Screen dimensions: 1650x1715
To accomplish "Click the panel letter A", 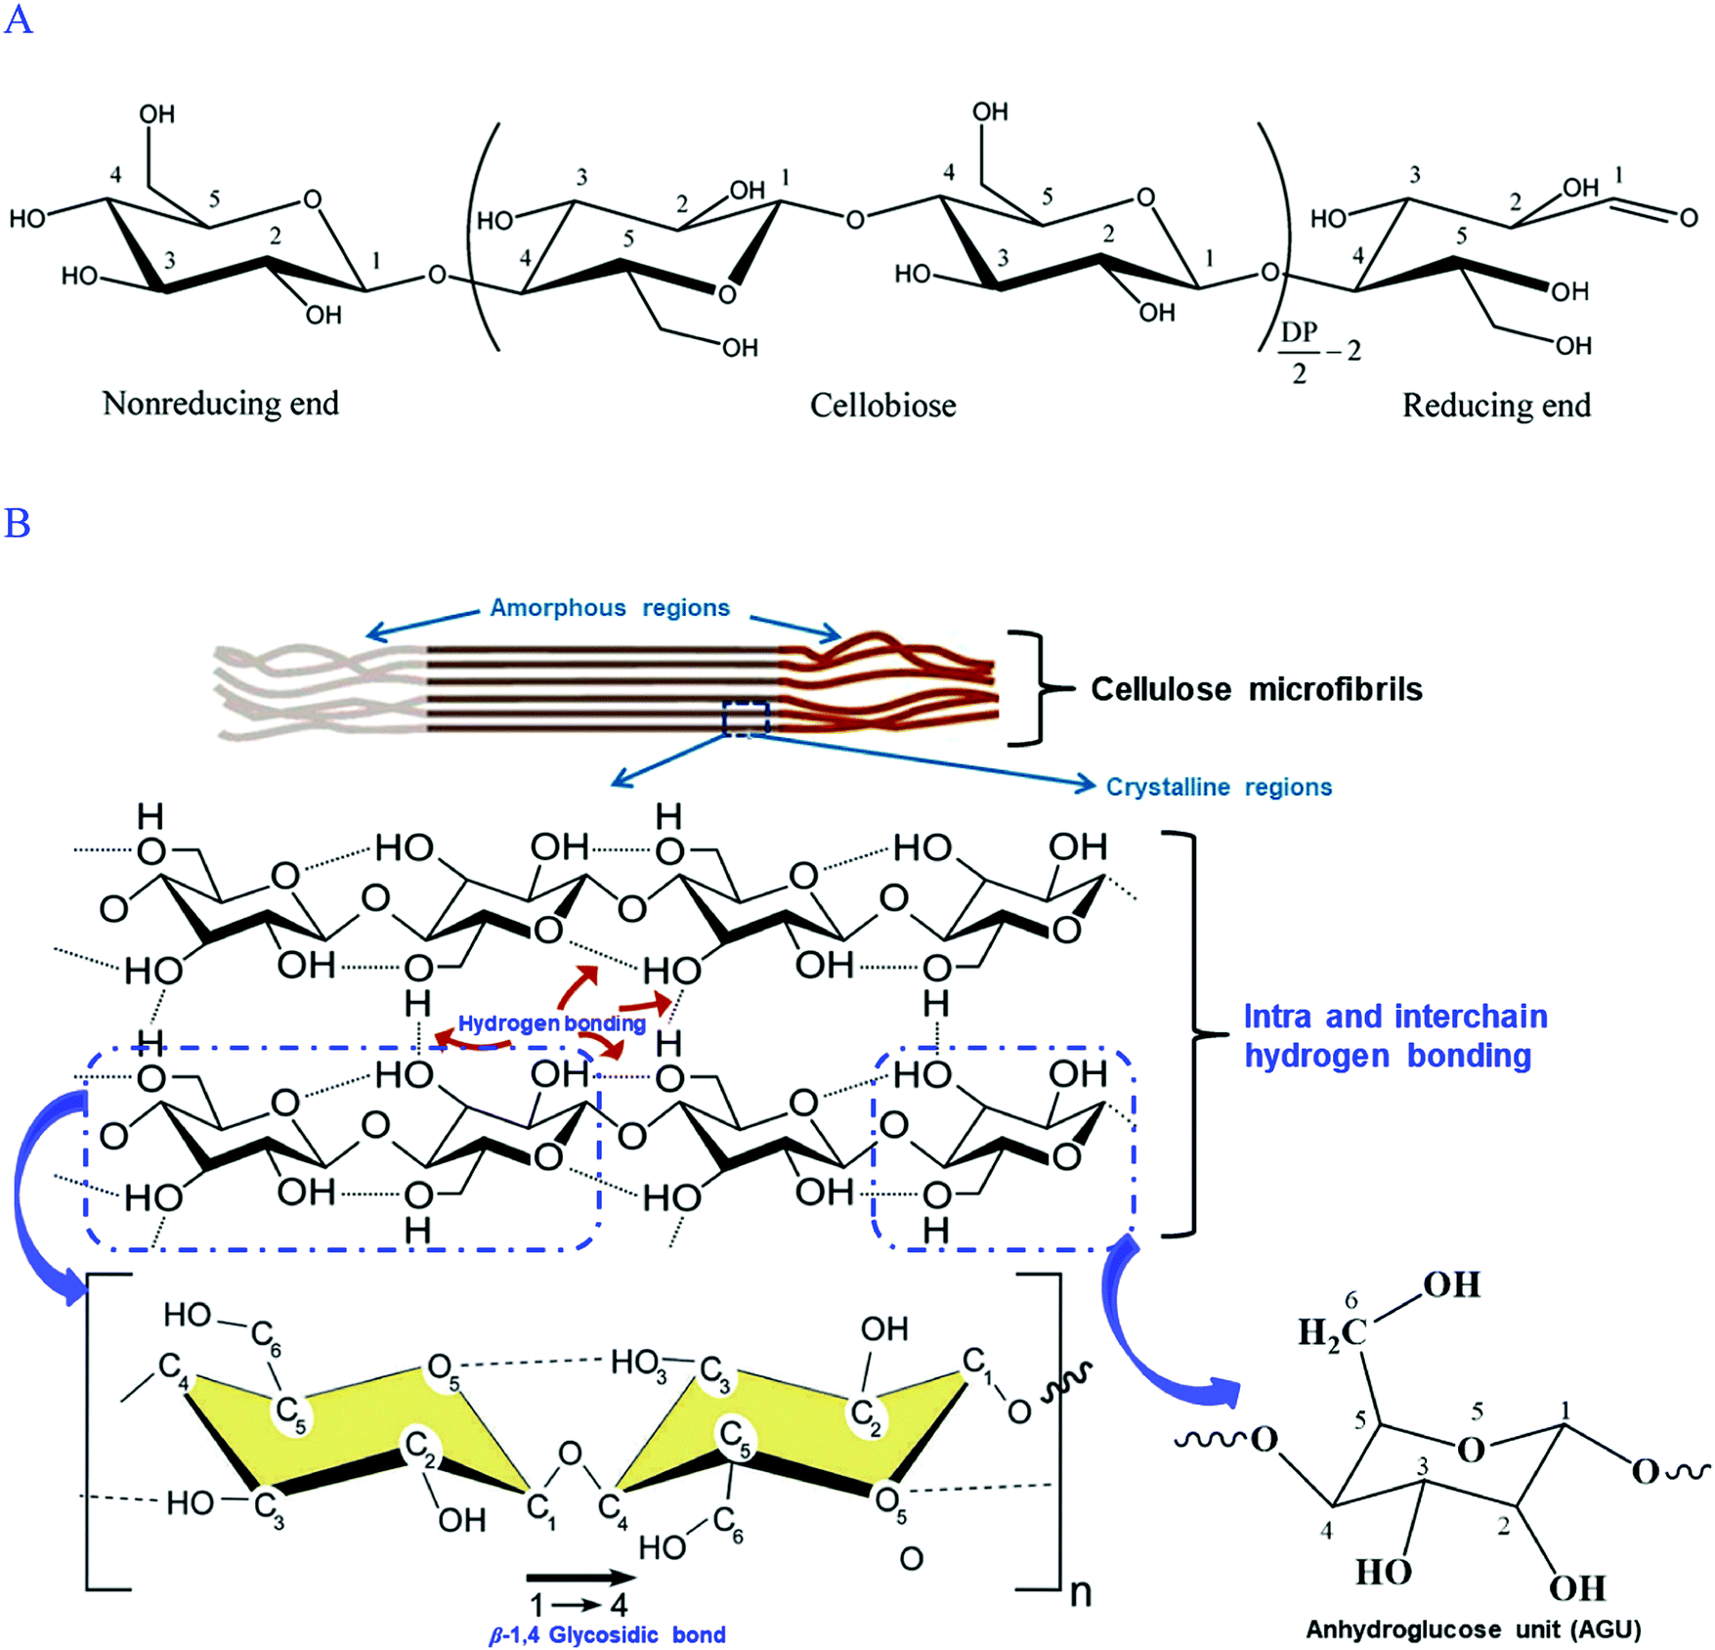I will pyautogui.click(x=18, y=19).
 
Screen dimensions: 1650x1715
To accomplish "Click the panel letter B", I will pyautogui.click(x=18, y=524).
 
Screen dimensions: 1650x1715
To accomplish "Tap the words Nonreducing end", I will pyautogui.click(x=221, y=403).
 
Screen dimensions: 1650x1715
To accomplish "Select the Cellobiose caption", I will pyautogui.click(x=882, y=405).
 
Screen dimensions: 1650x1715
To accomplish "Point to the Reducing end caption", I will pyautogui.click(x=1496, y=405).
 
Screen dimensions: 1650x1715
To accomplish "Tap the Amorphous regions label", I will pyautogui.click(x=609, y=608).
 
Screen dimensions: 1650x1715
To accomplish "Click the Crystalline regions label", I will pyautogui.click(x=1219, y=787).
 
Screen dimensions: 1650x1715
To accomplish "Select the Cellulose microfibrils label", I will pyautogui.click(x=1256, y=689).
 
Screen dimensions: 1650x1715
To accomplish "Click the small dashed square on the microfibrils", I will pyautogui.click(x=746, y=718).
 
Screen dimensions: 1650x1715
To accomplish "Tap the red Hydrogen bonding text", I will pyautogui.click(x=551, y=1023).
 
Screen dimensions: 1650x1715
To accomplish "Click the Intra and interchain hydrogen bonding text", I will pyautogui.click(x=1394, y=1036).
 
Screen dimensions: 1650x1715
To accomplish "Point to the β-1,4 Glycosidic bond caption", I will pyautogui.click(x=607, y=1634).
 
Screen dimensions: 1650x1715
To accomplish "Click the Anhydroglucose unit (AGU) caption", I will pyautogui.click(x=1474, y=1629).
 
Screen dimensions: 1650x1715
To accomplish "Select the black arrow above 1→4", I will pyautogui.click(x=580, y=1577).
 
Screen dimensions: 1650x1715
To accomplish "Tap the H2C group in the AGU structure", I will pyautogui.click(x=1332, y=1331).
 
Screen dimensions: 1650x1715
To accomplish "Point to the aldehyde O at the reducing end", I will pyautogui.click(x=1689, y=218).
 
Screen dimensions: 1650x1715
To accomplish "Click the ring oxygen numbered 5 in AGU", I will pyautogui.click(x=1471, y=1450).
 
